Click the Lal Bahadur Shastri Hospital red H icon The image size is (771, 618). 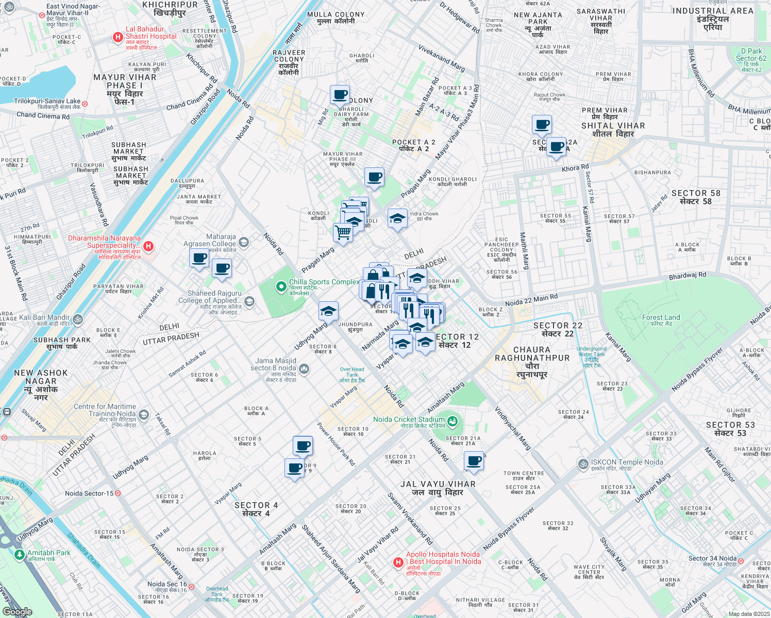click(118, 38)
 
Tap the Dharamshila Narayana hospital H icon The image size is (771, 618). click(148, 246)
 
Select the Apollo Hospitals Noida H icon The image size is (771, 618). click(398, 562)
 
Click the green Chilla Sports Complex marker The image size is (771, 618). click(281, 286)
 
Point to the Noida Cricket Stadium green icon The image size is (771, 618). click(452, 421)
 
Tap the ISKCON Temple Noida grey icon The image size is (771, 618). click(583, 465)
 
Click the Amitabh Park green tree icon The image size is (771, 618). click(19, 555)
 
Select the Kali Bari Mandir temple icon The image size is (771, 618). click(77, 319)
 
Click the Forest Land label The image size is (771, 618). click(661, 318)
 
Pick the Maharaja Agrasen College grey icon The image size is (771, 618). click(244, 242)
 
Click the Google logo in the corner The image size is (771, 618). click(17, 612)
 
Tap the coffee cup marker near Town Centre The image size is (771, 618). click(474, 461)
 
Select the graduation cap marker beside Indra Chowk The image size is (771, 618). click(397, 219)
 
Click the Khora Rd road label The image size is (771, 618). click(575, 168)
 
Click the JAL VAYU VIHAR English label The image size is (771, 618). click(438, 484)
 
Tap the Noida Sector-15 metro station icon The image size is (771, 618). click(118, 493)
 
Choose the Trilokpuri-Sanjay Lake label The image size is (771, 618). click(47, 101)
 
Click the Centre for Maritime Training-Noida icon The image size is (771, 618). click(144, 415)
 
